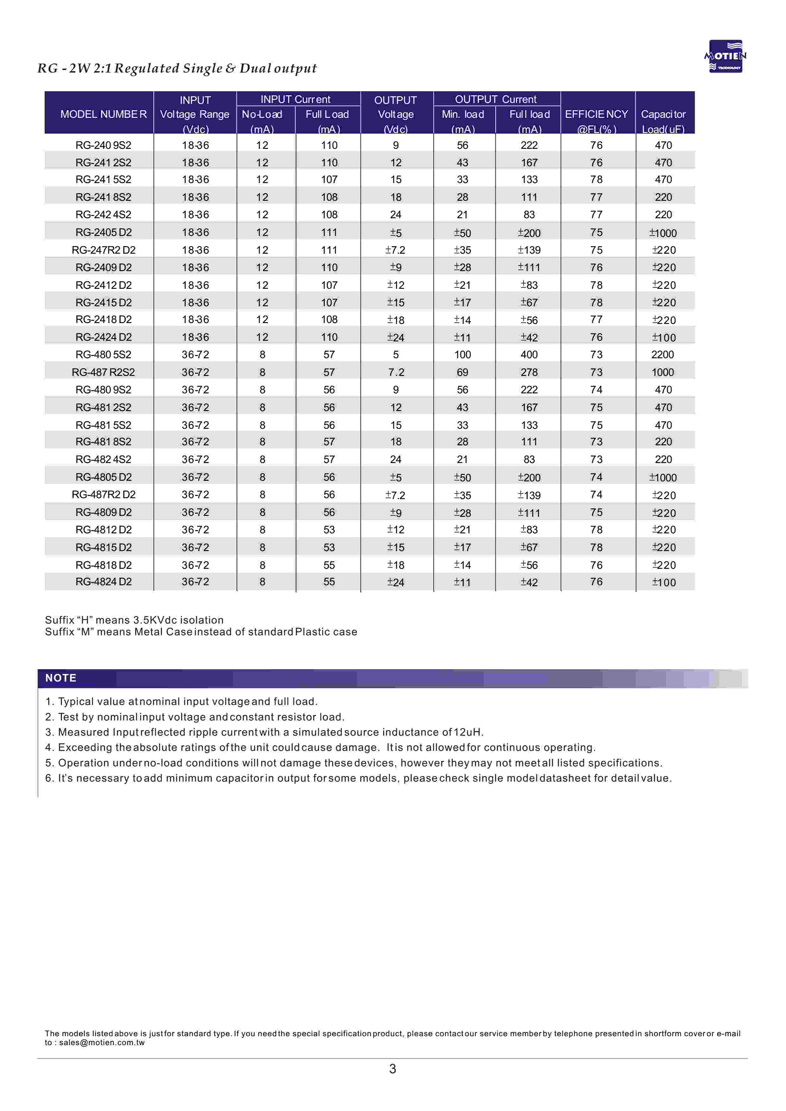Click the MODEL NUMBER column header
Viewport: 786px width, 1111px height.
[103, 114]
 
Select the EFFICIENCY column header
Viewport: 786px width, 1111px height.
[596, 114]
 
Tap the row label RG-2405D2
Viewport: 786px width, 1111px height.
[104, 232]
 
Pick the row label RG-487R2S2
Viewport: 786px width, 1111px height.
[104, 372]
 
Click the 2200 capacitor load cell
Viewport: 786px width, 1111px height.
[663, 355]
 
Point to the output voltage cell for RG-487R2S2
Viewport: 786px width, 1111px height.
[396, 372]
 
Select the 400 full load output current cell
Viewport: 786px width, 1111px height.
[529, 355]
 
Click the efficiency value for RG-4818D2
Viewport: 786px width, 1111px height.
[596, 565]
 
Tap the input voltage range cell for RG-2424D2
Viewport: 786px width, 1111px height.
[196, 337]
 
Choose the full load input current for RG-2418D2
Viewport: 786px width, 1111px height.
[329, 320]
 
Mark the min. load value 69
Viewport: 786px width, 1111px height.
[463, 372]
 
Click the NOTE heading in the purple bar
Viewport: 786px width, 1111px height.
[61, 678]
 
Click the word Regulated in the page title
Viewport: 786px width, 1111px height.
[147, 68]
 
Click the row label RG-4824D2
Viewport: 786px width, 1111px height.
[104, 582]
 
